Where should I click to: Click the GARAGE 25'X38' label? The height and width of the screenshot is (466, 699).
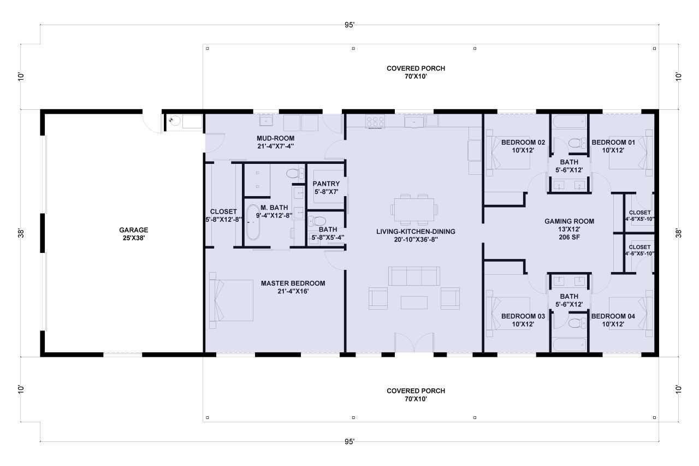pyautogui.click(x=134, y=234)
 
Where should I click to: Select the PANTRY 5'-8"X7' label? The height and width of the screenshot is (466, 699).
pyautogui.click(x=326, y=188)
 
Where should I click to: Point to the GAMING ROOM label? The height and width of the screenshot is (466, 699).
pyautogui.click(x=569, y=226)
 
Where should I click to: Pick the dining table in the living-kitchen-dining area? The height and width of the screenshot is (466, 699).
pyautogui.click(x=413, y=209)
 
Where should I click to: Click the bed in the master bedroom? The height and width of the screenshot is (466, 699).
pyautogui.click(x=232, y=300)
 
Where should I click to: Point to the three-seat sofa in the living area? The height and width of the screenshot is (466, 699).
pyautogui.click(x=414, y=276)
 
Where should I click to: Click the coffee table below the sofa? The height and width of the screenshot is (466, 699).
pyautogui.click(x=414, y=302)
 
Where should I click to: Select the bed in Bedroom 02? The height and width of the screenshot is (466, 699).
pyautogui.click(x=508, y=153)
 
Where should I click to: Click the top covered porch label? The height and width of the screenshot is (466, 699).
pyautogui.click(x=416, y=72)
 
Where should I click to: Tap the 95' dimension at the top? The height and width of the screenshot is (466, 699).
pyautogui.click(x=350, y=25)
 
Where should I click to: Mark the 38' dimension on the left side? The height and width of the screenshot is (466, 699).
pyautogui.click(x=21, y=233)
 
